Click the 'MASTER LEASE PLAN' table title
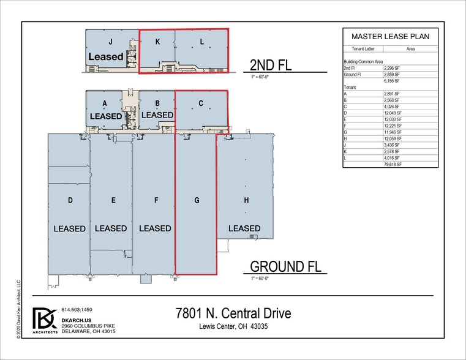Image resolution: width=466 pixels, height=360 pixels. coord(390,37)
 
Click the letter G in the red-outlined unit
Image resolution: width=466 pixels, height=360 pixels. coord(196,200)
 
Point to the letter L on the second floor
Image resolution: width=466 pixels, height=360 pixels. coord(201,42)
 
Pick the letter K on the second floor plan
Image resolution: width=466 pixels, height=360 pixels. coord(157,42)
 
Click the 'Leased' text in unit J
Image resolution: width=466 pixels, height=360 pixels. coord(106,56)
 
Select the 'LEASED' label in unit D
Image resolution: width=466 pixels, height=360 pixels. coord(69,228)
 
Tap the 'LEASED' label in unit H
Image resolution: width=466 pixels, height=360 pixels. coord(244,228)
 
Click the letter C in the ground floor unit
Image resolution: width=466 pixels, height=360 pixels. coord(201,103)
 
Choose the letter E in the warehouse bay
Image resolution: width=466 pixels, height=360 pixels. coord(113,200)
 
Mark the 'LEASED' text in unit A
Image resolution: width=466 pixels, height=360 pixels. coord(106,115)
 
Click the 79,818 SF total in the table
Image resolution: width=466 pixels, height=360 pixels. coord(391,165)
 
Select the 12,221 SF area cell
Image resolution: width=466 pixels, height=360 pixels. coord(391,126)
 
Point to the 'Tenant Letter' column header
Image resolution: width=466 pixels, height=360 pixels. coord(363,48)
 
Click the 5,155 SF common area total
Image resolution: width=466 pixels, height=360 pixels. coord(391,80)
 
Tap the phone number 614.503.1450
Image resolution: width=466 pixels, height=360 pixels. coord(77,310)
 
